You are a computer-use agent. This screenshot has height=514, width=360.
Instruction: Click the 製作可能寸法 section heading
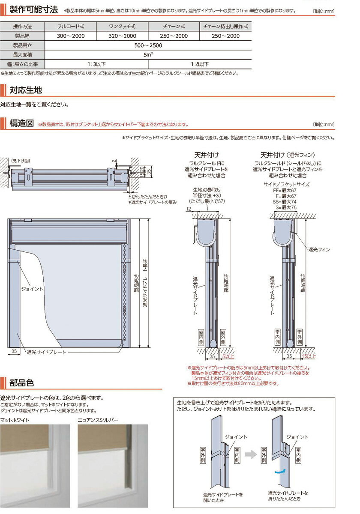(33, 9)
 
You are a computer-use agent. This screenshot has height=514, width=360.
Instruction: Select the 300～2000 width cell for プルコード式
(71, 36)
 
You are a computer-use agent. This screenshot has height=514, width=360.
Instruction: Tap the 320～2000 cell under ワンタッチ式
(123, 36)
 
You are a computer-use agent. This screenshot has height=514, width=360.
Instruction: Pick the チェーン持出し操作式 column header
(225, 27)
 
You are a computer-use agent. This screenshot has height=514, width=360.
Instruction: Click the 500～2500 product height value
(148, 45)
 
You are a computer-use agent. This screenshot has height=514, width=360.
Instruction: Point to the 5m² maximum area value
(148, 55)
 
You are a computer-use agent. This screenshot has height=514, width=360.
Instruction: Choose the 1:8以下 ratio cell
(200, 64)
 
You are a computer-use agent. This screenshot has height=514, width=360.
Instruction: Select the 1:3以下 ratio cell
(96, 64)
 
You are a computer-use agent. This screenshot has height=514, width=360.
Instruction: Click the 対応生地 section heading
(26, 90)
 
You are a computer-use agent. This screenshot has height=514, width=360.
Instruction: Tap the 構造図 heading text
(21, 123)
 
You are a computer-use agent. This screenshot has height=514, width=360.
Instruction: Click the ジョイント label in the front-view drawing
(32, 289)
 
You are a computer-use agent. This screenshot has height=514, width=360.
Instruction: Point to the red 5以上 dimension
(228, 356)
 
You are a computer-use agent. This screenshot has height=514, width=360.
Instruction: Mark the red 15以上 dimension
(309, 356)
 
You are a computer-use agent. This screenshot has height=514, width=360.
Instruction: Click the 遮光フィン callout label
(319, 249)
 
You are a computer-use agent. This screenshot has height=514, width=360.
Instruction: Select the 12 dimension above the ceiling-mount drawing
(189, 209)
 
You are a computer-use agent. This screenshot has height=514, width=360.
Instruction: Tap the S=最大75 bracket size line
(286, 207)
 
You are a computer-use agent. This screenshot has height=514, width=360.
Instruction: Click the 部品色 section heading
(21, 383)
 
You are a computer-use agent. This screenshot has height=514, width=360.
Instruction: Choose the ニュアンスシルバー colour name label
(98, 420)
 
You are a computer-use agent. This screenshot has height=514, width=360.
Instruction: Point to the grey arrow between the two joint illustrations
(251, 454)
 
